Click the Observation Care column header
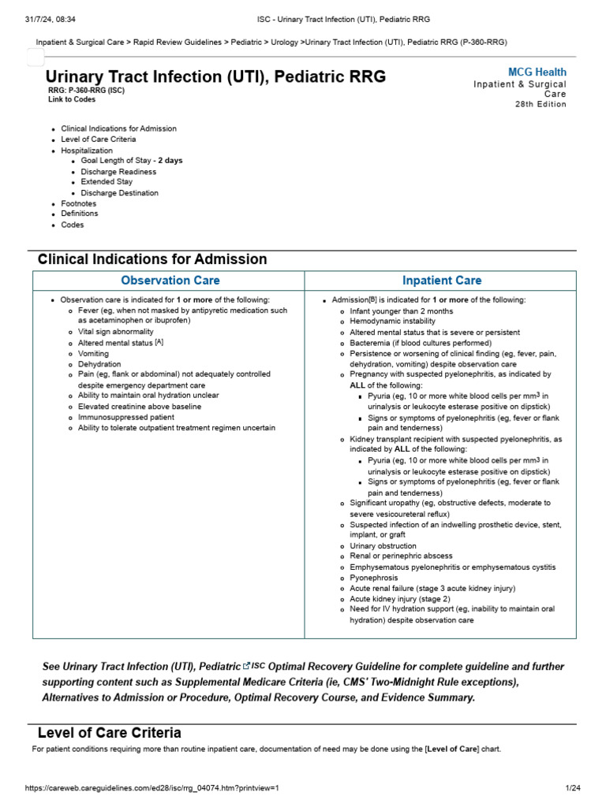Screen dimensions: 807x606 click(x=170, y=281)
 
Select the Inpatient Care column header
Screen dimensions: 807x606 click(x=441, y=281)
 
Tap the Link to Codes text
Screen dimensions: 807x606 click(x=72, y=100)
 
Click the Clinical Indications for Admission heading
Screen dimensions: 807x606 click(x=152, y=259)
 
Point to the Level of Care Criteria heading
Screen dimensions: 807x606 click(x=110, y=733)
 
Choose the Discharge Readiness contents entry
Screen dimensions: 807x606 click(x=118, y=172)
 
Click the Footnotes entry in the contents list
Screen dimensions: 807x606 click(x=80, y=203)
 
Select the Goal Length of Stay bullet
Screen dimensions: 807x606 click(x=131, y=161)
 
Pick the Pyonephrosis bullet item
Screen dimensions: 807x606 click(x=376, y=578)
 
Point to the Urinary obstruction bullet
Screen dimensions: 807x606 click(x=383, y=546)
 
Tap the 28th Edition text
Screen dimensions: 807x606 click(x=541, y=105)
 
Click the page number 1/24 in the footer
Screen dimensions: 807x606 click(x=572, y=788)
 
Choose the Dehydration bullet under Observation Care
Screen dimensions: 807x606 click(x=99, y=365)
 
